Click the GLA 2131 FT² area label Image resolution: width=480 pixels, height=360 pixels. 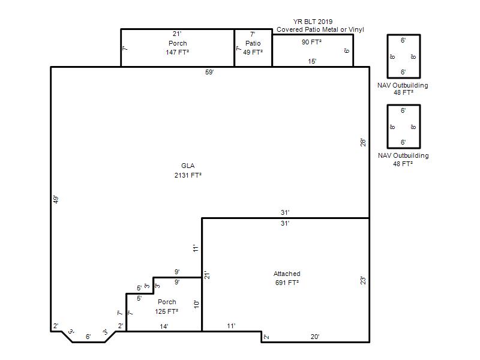188,170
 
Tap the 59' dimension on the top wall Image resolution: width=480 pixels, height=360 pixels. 209,72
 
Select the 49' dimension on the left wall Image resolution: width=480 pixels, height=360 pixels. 56,200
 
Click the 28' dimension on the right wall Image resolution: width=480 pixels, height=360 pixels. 363,143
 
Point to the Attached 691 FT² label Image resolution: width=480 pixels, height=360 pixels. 287,278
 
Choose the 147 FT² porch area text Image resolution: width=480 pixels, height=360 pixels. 177,52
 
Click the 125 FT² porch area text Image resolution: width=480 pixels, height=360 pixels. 167,311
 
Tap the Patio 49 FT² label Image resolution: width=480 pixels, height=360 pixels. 253,48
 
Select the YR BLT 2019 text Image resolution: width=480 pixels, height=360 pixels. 313,22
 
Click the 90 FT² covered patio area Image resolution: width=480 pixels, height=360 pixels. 311,42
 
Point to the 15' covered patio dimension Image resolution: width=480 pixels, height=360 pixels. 312,62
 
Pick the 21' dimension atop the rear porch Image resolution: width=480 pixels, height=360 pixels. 177,34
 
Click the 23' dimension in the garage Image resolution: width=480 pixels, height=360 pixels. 363,281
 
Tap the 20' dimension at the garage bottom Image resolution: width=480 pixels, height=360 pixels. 315,337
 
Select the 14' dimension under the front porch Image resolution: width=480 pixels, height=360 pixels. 164,326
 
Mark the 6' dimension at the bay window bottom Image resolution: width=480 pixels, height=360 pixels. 88,337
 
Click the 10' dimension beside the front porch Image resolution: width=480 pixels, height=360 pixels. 197,304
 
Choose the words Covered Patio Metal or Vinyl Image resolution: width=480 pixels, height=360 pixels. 320,29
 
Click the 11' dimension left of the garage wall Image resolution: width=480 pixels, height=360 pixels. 196,248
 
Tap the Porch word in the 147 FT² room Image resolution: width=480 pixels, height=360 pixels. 178,43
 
